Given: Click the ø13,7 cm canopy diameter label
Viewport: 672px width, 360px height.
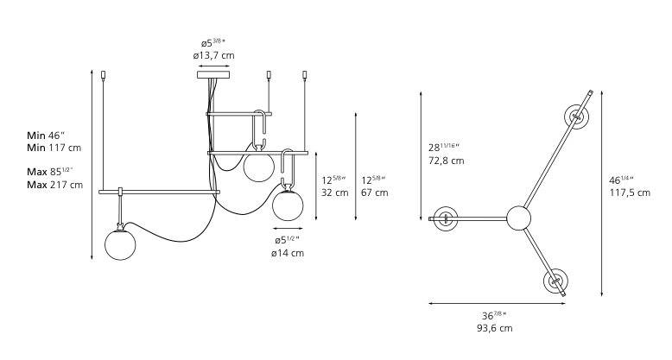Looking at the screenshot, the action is (x=213, y=55).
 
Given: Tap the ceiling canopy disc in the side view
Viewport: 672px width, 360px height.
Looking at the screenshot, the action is (x=213, y=74).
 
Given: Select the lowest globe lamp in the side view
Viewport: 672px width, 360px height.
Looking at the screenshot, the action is (x=120, y=244).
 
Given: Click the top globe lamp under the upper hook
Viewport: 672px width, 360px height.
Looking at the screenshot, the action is (x=258, y=167).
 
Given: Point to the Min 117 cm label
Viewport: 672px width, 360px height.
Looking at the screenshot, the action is (x=54, y=148).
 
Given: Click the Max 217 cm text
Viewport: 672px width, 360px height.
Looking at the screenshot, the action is (x=55, y=185).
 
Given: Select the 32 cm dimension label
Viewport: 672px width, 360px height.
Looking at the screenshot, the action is (x=335, y=193).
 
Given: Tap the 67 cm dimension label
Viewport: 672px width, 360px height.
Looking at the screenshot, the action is (x=375, y=193).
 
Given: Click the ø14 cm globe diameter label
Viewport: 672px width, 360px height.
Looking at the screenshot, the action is (x=287, y=253).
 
